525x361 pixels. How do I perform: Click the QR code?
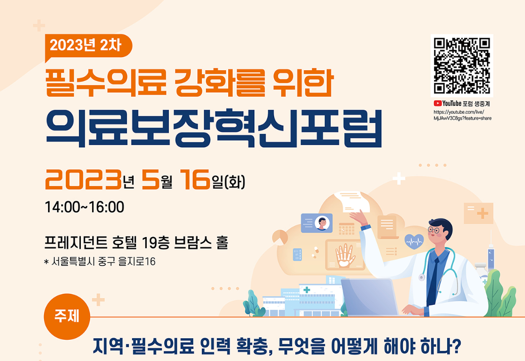pos(462,66)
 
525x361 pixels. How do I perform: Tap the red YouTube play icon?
pos(438,103)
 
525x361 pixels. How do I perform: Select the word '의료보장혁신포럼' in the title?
pos(213,129)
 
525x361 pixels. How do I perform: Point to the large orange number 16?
pos(195,179)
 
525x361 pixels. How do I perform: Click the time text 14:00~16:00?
pos(84,207)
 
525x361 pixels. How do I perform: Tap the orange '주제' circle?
pos(67,317)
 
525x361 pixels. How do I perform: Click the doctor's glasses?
pos(434,230)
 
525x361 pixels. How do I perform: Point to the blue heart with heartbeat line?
pos(414,241)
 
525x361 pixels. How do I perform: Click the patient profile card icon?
pos(317,223)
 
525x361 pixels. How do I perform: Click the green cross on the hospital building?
pos(307,290)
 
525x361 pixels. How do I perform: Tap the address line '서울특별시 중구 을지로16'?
pos(104,261)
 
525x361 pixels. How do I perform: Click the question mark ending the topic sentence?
pos(456,346)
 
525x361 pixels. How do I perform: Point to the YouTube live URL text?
pos(462,115)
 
